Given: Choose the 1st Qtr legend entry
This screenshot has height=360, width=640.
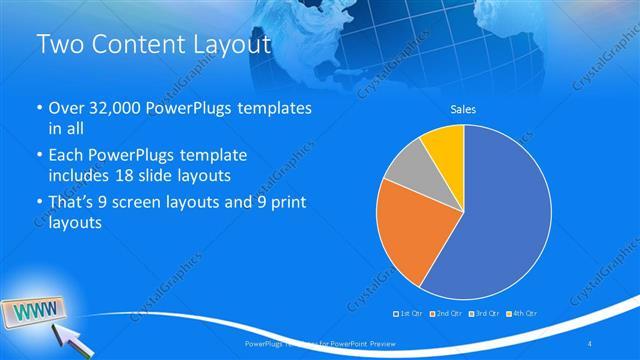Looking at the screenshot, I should point(408,313).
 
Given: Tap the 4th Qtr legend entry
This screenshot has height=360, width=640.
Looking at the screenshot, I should point(521,313).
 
